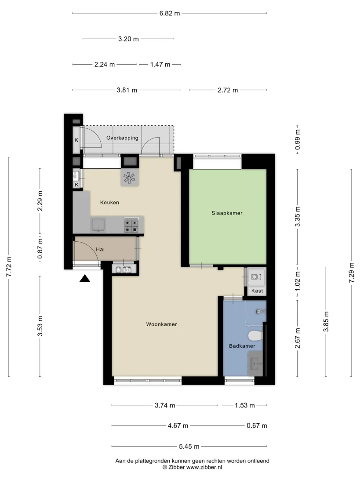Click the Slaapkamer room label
point(227,213)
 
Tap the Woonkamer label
point(161,324)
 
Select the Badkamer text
point(242,346)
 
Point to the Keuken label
point(109,202)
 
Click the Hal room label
point(100,250)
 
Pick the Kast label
point(257,291)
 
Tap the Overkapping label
point(122,138)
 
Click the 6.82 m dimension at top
point(170,14)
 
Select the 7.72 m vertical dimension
point(9,267)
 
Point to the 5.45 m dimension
point(189,446)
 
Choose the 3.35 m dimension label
point(298,217)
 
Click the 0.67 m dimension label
point(257,425)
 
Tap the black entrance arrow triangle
point(85,278)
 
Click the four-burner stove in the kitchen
point(131,225)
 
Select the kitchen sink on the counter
point(98,225)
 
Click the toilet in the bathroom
point(255,336)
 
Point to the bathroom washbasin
point(255,364)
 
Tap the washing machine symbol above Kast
point(256,277)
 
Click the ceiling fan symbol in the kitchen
point(129,178)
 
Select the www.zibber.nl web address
point(204,467)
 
